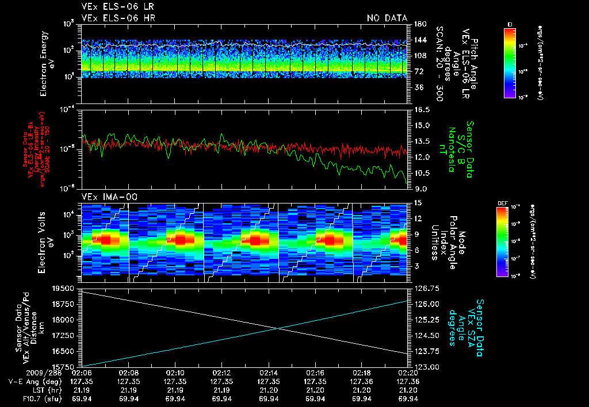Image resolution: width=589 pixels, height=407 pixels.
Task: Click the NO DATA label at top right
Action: (387, 18)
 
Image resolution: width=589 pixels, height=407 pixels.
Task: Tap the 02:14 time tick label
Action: (269, 373)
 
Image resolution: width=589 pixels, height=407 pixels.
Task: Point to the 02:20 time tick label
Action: (408, 373)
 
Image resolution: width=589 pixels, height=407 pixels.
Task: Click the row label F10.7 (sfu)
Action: (26, 398)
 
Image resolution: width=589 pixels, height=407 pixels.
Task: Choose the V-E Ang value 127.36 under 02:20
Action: (408, 381)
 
